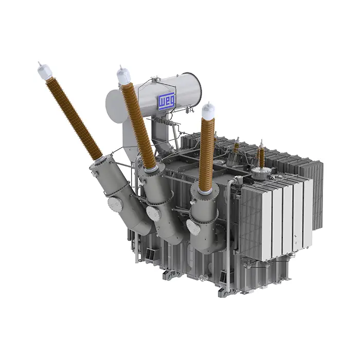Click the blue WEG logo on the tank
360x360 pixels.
167,100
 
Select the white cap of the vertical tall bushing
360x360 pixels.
209,112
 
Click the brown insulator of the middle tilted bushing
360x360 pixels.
138,125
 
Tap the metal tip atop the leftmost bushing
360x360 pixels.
40,64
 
